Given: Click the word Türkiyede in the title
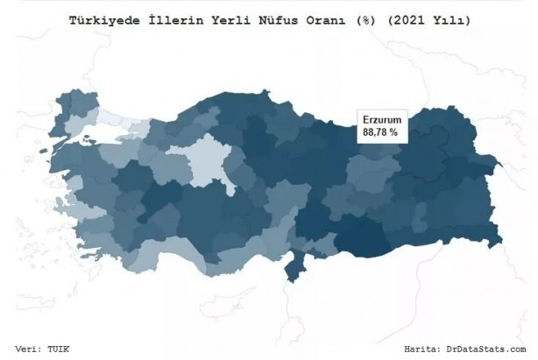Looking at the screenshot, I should tap(104, 19).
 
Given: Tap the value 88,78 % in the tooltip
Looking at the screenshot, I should tap(380, 131).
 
